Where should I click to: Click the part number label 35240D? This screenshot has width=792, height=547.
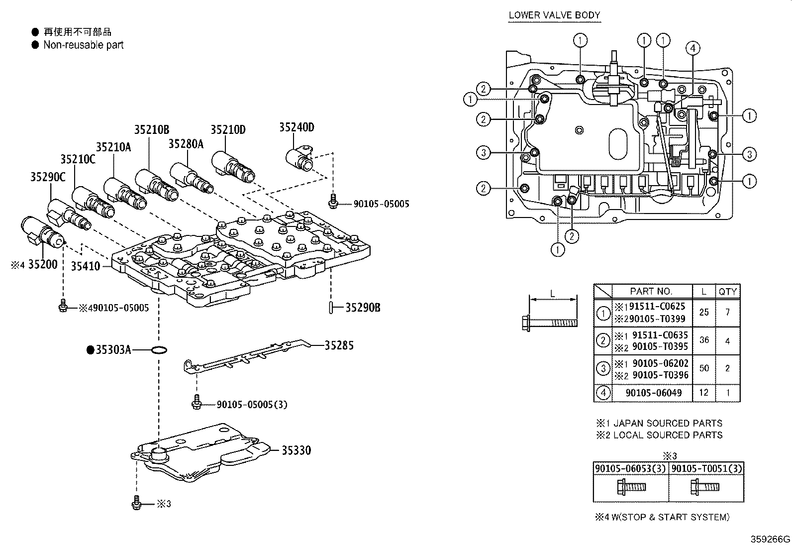296,127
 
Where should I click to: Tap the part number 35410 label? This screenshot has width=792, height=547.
85,266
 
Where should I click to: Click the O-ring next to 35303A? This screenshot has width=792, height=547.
158,350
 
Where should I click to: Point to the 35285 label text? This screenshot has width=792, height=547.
339,345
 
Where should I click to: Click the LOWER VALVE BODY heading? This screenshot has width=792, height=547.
554,15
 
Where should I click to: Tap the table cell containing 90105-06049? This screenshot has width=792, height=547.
653,393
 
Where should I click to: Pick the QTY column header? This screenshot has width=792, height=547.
727,292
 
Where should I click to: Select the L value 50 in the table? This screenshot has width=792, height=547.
703,368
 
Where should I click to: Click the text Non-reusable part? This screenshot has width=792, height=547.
83,45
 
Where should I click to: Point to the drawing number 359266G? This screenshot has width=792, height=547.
770,539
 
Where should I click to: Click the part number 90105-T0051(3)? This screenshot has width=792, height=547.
706,468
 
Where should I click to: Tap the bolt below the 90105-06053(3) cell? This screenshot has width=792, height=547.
631,486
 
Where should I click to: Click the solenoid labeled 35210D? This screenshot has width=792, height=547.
234,167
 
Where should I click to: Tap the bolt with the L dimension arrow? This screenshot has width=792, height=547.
550,321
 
